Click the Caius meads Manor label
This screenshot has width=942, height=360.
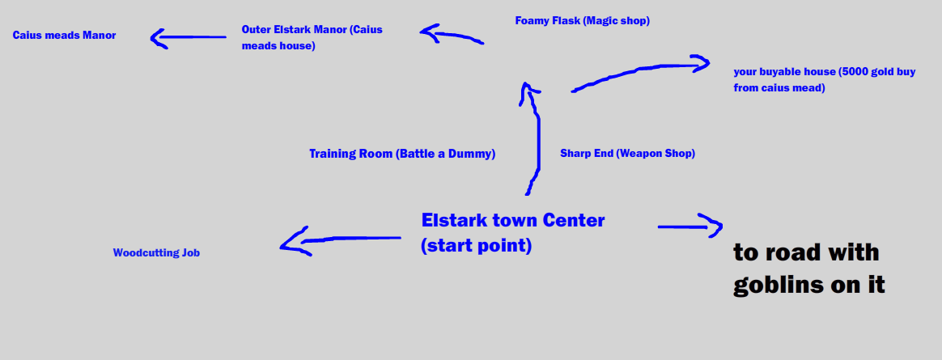tap(64, 36)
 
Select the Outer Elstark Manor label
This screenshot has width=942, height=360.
tap(312, 37)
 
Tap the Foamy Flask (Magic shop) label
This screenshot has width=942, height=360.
tap(582, 21)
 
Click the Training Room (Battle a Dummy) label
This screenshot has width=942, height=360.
tap(401, 154)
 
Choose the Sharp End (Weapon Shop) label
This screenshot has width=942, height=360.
tap(627, 153)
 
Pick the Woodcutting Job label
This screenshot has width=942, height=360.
tap(156, 253)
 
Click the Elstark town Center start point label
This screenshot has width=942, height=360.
tap(512, 233)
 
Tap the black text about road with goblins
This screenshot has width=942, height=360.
tap(808, 269)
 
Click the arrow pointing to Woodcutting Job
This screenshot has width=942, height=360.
tap(340, 240)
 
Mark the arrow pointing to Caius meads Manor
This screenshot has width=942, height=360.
tap(188, 37)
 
